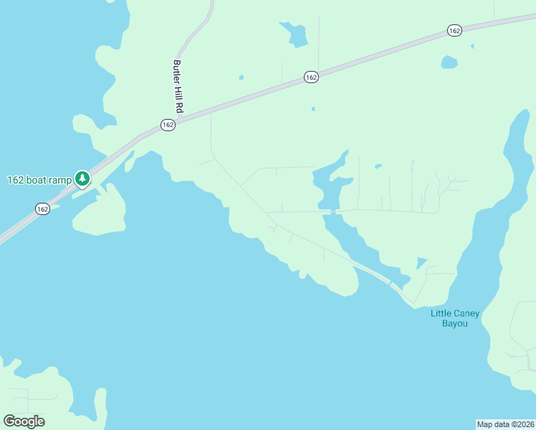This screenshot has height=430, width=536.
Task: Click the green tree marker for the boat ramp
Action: [x=82, y=178]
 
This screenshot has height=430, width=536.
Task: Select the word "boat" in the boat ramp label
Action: [x=37, y=180]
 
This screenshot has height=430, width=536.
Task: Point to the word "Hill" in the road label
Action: [x=178, y=93]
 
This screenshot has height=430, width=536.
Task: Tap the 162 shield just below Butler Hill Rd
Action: [x=168, y=125]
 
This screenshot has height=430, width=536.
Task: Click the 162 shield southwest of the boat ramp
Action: [x=42, y=209]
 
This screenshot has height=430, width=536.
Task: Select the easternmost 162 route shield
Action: [x=454, y=30]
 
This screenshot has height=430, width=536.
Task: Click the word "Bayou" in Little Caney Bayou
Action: [x=454, y=324]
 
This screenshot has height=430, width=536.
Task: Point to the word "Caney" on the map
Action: [x=465, y=313]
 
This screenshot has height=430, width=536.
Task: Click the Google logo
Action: [x=24, y=421]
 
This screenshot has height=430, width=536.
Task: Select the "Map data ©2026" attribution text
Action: [x=506, y=424]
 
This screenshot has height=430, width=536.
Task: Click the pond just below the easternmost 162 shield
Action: [x=449, y=62]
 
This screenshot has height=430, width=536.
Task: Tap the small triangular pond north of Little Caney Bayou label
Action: [x=421, y=262]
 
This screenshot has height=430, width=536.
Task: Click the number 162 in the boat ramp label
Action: [x=16, y=180]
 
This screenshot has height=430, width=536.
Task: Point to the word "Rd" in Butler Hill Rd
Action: [x=179, y=108]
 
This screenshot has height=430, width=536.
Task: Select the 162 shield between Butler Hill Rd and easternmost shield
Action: [x=310, y=77]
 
